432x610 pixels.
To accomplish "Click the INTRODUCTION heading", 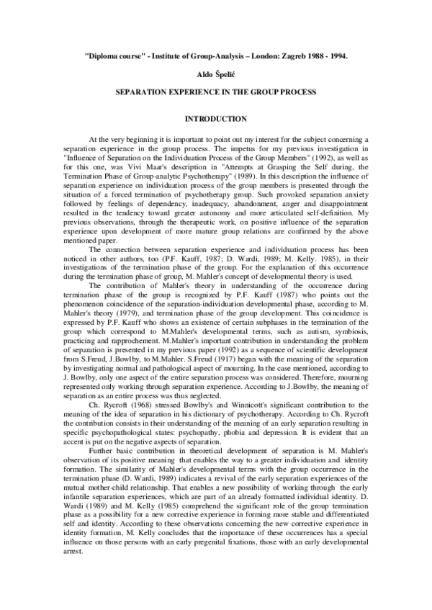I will [x=216, y=118].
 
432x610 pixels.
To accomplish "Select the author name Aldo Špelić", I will [x=216, y=74].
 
